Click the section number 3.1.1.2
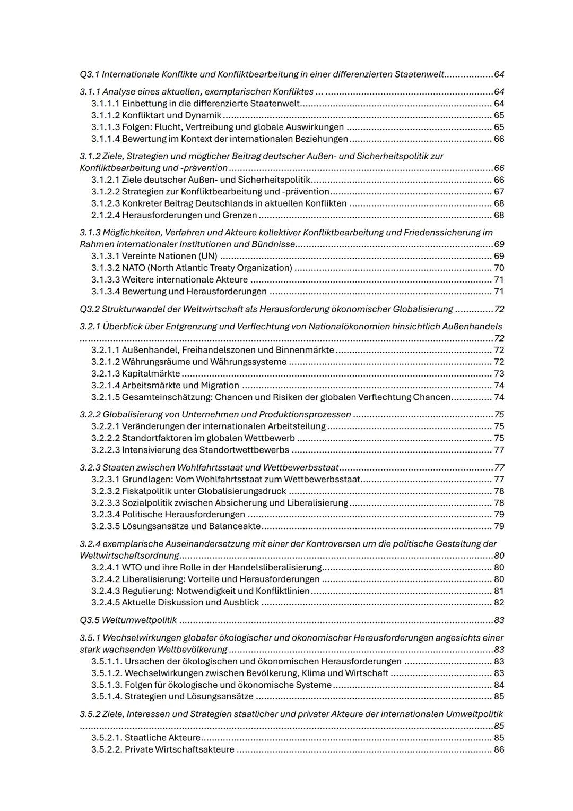[x=106, y=115]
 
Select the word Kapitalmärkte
[x=151, y=373]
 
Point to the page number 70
[x=499, y=268]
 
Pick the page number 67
[x=499, y=191]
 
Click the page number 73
[x=499, y=373]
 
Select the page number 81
[x=499, y=591]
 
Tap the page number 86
[x=499, y=749]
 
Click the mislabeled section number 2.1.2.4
[x=106, y=215]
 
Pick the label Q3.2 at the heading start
[x=89, y=309]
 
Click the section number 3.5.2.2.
[x=107, y=749]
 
